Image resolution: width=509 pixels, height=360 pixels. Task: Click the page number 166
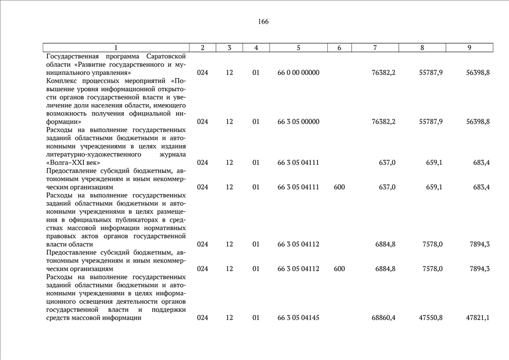[x=263, y=22]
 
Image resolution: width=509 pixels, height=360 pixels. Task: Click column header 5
[x=298, y=48]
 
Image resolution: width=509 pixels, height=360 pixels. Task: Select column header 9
[x=469, y=48]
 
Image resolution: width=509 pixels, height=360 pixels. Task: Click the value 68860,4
[x=384, y=318]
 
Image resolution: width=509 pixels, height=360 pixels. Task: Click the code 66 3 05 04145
[x=298, y=318]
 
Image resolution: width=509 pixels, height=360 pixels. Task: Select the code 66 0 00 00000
[x=298, y=73]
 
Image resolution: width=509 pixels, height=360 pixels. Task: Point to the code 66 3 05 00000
[x=298, y=121]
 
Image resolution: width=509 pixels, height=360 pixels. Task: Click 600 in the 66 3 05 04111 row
[x=339, y=187]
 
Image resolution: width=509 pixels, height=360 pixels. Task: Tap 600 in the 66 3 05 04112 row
[x=339, y=269]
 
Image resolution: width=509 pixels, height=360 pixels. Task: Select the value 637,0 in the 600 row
[x=387, y=187]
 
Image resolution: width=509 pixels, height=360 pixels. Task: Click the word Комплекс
[x=62, y=81]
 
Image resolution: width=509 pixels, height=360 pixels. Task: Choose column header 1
[x=116, y=48]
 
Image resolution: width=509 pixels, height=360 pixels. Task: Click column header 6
[x=339, y=48]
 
